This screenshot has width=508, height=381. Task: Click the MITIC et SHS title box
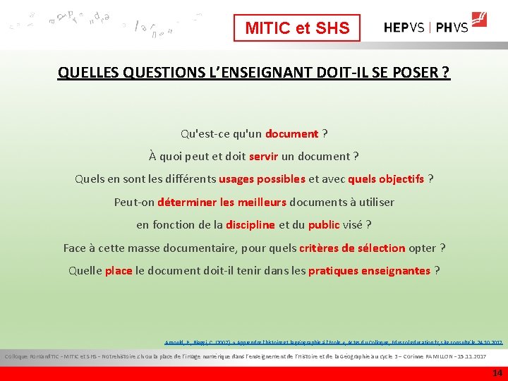pos(297,28)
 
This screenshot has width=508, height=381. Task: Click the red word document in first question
pos(291,133)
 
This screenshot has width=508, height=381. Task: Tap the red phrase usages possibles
pos(262,179)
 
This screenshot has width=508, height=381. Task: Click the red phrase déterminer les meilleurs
pos(222,202)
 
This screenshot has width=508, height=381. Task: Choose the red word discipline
pos(250,224)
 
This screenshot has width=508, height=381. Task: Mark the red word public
pos(324,224)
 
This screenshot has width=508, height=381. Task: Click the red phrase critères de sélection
pos(352,248)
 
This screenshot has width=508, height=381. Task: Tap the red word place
pos(119,270)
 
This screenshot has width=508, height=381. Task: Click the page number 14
pos(497,373)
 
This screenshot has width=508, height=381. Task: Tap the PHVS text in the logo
pos(452,28)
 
